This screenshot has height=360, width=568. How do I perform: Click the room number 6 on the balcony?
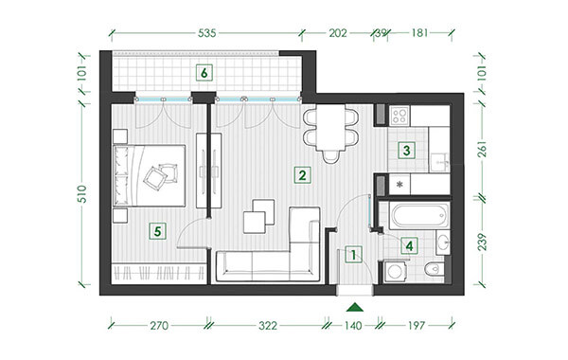[x=204, y=73]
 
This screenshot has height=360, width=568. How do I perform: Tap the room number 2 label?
[x=302, y=175]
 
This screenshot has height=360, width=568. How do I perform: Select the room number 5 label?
[x=157, y=231]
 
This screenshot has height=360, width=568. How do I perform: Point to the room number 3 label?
[x=406, y=150]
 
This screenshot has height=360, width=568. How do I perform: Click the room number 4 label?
[x=409, y=246]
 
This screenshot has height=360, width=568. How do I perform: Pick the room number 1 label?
[x=353, y=255]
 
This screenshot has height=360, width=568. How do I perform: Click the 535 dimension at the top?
[x=206, y=33]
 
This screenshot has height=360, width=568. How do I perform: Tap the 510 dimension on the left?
[x=83, y=194]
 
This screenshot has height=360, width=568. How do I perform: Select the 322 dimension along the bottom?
[x=268, y=326]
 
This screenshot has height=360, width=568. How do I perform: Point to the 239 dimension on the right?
[x=482, y=242]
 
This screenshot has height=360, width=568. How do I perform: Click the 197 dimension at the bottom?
[x=417, y=326]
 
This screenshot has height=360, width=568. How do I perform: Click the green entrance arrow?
[x=355, y=308]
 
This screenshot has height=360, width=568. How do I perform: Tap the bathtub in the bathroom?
[x=419, y=216]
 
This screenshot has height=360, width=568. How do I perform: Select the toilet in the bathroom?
[x=434, y=269]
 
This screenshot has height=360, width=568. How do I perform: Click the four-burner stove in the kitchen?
[x=399, y=116]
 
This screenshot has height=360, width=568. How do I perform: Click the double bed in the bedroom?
[x=150, y=176]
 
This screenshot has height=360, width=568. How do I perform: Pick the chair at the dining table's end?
[x=330, y=156]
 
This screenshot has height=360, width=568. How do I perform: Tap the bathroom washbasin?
[x=443, y=241]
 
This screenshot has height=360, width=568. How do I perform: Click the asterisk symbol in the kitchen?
[x=399, y=185]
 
